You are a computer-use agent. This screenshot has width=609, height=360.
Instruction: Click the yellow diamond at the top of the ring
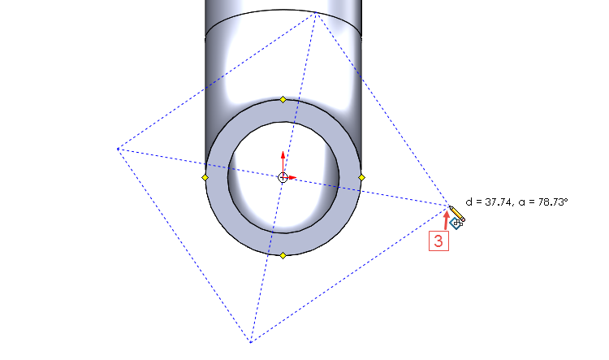click(x=283, y=99)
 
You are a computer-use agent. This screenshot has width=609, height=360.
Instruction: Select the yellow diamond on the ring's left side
click(x=205, y=177)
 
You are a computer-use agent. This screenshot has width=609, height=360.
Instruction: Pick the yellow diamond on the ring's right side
click(x=361, y=177)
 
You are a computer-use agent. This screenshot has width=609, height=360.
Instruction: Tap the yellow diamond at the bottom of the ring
click(x=283, y=255)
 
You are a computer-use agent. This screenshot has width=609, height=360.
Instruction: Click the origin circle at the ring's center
click(x=283, y=177)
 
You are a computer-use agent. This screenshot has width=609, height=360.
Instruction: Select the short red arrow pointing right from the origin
click(x=292, y=177)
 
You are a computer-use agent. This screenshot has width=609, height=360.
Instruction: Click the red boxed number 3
click(x=438, y=241)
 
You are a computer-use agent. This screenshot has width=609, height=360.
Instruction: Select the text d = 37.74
click(x=490, y=201)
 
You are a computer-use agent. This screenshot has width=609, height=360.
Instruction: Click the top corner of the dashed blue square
click(x=317, y=15)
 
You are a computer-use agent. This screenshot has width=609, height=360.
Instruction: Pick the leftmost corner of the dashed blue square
click(x=119, y=148)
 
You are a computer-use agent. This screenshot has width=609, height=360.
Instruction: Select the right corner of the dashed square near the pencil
click(x=449, y=206)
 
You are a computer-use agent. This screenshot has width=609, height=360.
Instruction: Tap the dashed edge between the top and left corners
click(x=218, y=81)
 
